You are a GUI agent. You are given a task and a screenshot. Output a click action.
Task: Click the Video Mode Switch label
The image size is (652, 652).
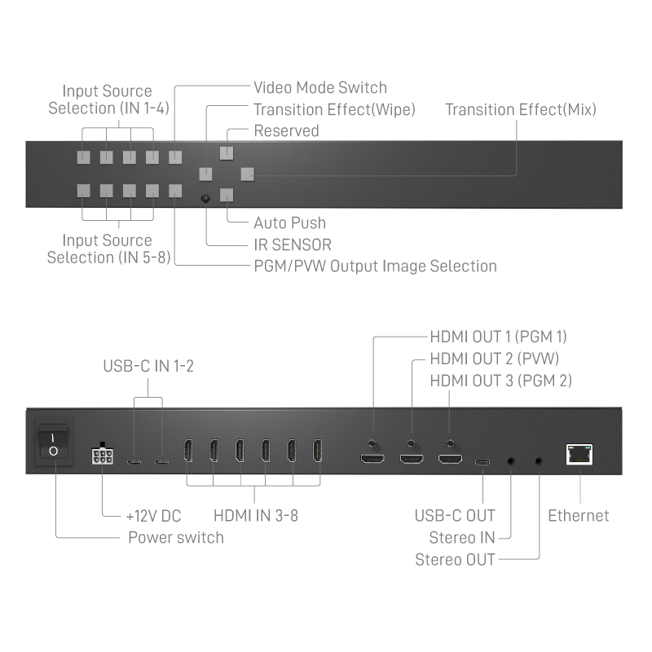click(320, 88)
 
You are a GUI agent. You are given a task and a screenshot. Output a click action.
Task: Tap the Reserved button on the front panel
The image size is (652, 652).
click(227, 153)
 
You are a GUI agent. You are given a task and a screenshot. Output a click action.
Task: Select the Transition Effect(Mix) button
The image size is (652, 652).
click(248, 174)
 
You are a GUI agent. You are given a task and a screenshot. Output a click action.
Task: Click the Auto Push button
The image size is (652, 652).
click(227, 195)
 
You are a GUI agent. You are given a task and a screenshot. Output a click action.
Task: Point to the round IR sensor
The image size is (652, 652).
click(205, 198)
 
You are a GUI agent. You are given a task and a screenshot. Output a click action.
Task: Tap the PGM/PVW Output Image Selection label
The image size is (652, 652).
click(376, 267)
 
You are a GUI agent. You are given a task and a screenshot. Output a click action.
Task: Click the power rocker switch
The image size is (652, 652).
click(54, 444)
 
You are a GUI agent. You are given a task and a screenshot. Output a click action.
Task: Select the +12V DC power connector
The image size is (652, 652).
click(103, 454)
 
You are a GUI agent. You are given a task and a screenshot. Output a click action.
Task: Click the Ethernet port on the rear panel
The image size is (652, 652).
click(579, 454)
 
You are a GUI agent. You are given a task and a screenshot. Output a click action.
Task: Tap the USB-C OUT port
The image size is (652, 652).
click(482, 462)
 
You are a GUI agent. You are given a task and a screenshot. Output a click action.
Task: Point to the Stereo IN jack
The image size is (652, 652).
click(511, 461)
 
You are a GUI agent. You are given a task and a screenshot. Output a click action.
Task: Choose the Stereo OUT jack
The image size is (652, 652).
click(539, 461)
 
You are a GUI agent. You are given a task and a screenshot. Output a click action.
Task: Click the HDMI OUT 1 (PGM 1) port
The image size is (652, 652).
click(372, 459)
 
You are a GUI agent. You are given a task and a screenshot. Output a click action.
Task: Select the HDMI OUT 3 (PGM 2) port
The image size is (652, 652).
click(450, 459)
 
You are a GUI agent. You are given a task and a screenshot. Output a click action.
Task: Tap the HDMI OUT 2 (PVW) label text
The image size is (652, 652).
click(495, 359)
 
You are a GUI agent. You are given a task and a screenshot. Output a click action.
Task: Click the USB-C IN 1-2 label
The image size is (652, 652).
click(148, 366)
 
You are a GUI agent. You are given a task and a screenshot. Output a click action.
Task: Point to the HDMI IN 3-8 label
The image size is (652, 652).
click(256, 516)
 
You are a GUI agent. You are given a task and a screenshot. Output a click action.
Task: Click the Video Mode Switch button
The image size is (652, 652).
click(175, 157)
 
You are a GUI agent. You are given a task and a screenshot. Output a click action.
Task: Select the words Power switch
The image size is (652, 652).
click(176, 538)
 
